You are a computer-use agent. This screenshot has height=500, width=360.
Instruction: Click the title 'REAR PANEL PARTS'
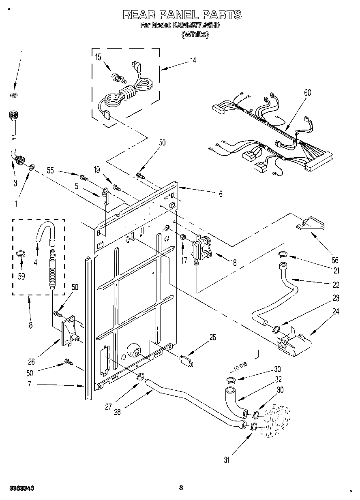tap(182, 15)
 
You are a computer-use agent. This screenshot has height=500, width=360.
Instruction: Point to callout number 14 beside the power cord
tap(193, 60)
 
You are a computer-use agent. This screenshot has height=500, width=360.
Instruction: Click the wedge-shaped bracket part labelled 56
tap(311, 224)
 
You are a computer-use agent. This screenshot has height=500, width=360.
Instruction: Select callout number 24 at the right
tap(335, 312)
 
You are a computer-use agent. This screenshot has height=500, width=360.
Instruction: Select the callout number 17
tap(185, 261)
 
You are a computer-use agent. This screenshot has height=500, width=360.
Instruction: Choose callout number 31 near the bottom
tap(227, 460)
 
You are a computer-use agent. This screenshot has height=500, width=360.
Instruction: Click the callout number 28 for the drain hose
tap(117, 412)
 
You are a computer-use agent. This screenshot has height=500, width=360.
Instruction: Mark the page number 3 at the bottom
tap(181, 488)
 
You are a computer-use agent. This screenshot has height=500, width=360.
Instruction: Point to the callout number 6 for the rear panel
tap(221, 194)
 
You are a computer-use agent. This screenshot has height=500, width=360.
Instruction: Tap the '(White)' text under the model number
tap(195, 34)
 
